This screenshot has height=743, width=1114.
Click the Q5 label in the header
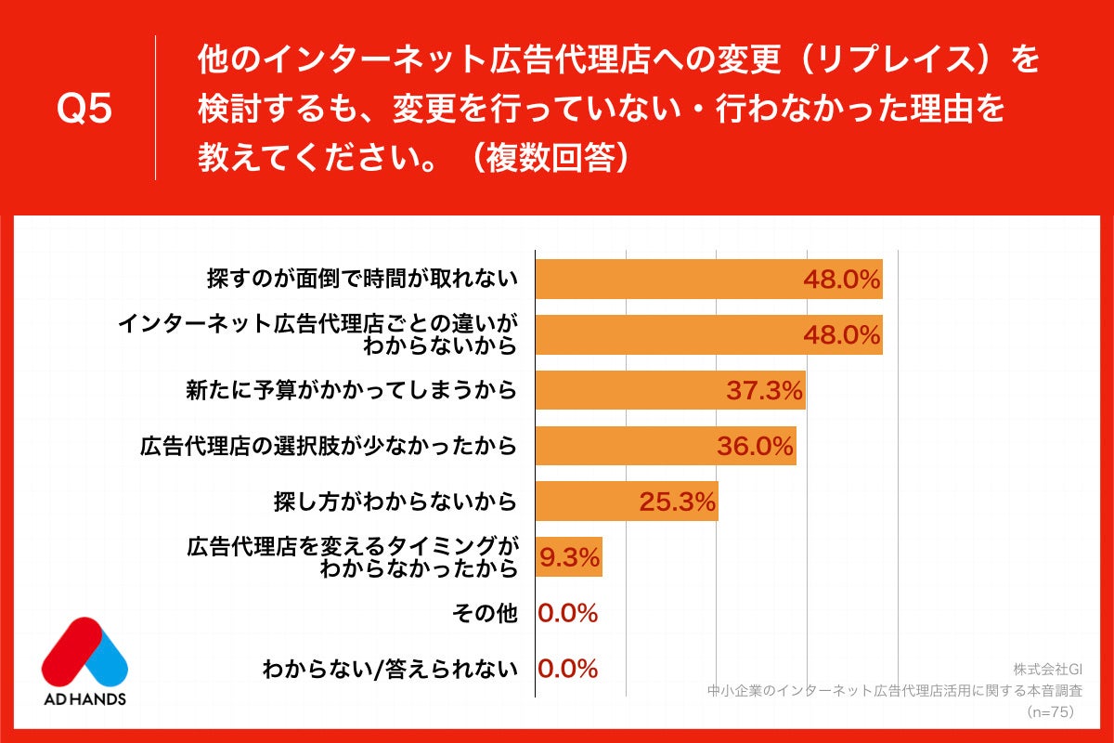point(84,110)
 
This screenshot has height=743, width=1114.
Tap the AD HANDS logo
point(84,660)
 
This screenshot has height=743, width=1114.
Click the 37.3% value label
point(764,391)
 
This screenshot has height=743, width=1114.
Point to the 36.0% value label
point(756,447)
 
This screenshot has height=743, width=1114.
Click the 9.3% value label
point(570,558)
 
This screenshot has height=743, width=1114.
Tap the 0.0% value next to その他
point(568,614)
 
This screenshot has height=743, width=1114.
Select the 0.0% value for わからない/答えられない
point(568,669)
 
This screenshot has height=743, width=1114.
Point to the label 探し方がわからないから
point(395,502)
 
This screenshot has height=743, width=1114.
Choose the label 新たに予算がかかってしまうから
point(352,391)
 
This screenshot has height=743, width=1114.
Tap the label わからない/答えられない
point(389,669)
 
